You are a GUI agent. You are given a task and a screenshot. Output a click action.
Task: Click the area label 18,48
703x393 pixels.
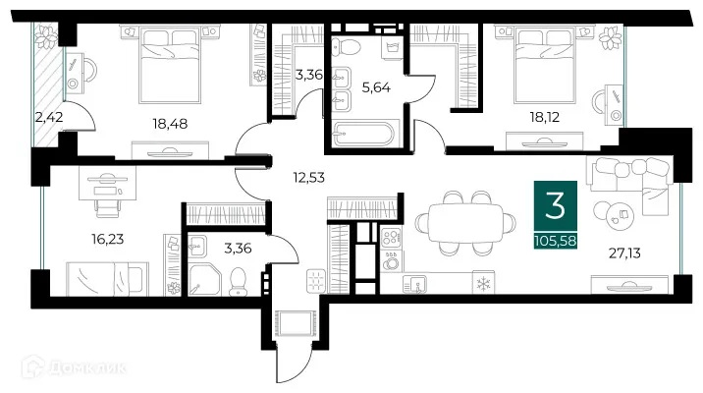pos(169,124)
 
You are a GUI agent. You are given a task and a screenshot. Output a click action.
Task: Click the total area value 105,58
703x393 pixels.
pos(555,241)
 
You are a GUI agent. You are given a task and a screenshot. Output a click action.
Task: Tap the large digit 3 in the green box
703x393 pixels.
pos(555,208)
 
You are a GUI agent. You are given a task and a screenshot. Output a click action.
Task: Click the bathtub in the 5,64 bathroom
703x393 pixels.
pos(362,134)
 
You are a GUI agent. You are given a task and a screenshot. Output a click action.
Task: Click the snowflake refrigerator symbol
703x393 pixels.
pos(482,283)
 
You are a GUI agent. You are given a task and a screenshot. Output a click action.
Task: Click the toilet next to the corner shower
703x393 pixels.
pos(237,283)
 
